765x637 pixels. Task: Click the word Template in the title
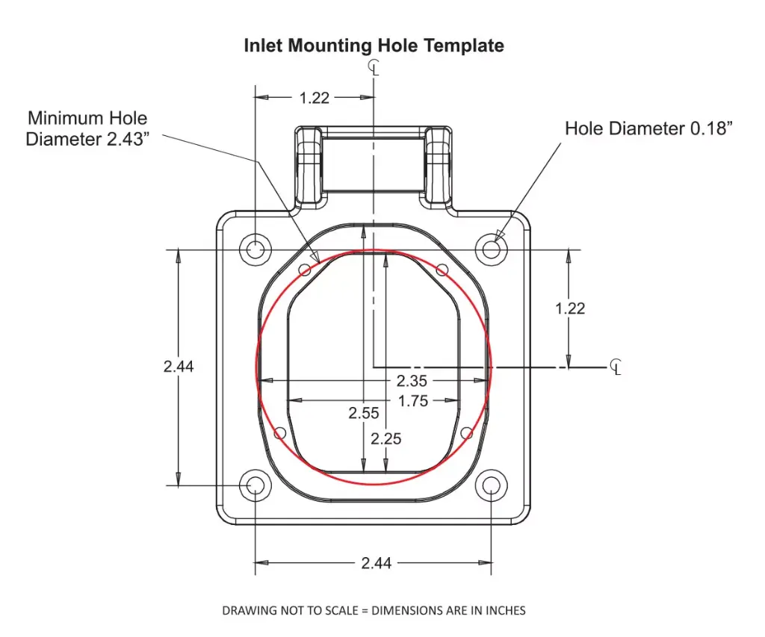[464, 46]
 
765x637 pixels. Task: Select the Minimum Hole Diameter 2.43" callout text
[87, 128]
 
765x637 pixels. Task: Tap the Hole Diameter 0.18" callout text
[648, 128]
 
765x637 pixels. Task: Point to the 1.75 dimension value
[412, 401]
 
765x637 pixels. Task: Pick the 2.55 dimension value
[364, 413]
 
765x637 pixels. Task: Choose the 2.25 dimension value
[386, 438]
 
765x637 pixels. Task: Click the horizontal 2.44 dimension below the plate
[377, 563]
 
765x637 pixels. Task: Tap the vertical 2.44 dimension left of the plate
[179, 366]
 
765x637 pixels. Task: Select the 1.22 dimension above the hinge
[315, 97]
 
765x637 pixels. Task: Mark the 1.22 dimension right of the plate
[570, 308]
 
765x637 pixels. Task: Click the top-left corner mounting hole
[255, 249]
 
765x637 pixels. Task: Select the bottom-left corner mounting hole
[255, 485]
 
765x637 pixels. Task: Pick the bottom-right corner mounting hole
[491, 485]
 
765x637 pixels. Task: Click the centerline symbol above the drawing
[374, 69]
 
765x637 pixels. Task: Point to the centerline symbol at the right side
[616, 366]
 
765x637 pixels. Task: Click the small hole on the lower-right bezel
[468, 432]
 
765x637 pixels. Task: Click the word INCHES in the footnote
[507, 611]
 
